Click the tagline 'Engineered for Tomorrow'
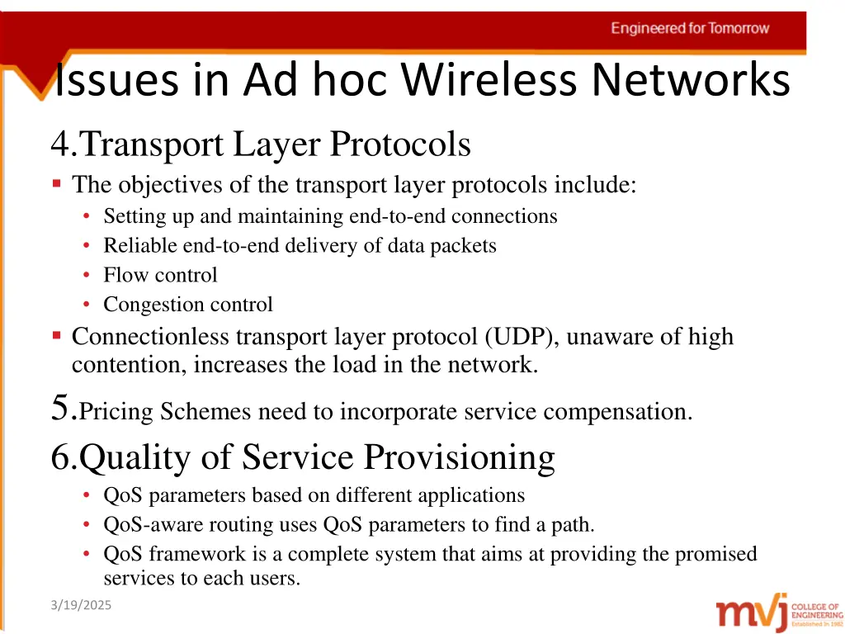[x=690, y=28]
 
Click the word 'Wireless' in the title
[x=493, y=81]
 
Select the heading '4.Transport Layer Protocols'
[x=261, y=145]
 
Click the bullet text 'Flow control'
[x=160, y=275]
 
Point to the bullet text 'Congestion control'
[x=187, y=305]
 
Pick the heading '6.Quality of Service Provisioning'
[x=303, y=457]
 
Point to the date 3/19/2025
[x=80, y=606]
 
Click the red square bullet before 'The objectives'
[x=56, y=183]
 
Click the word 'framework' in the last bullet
[x=194, y=554]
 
